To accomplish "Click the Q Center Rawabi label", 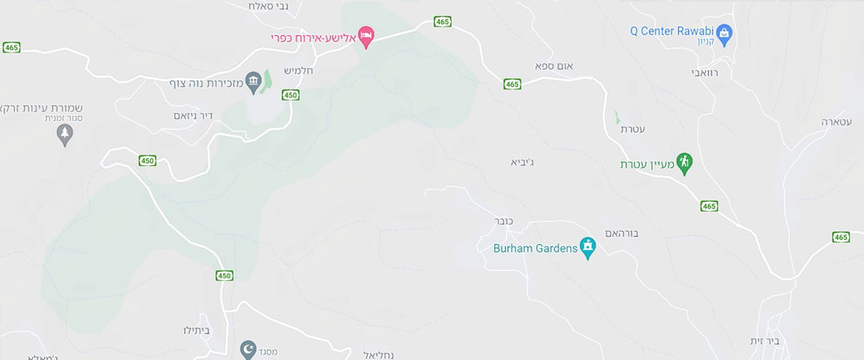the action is click(672, 32).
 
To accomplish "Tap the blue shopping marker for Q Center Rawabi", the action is click(724, 33).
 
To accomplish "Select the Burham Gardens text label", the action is click(535, 247).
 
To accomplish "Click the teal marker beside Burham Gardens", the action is click(588, 247).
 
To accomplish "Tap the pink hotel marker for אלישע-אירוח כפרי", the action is click(367, 36).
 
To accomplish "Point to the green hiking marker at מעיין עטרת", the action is click(684, 162).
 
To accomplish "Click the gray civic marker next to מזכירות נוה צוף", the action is click(254, 82).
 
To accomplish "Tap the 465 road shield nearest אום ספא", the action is click(512, 83).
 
